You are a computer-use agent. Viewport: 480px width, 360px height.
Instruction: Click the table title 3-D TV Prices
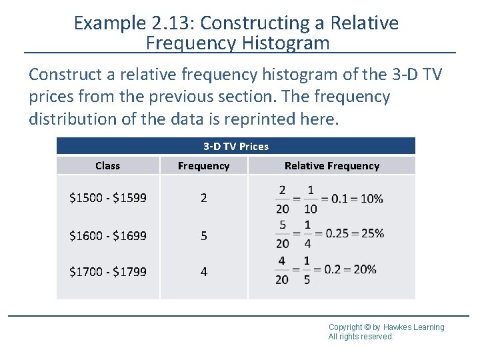click(x=235, y=146)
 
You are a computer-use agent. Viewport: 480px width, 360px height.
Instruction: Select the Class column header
click(x=107, y=165)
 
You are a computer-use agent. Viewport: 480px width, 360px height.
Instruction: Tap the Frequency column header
click(x=203, y=165)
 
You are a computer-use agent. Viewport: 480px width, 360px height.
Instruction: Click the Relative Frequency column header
click(x=331, y=165)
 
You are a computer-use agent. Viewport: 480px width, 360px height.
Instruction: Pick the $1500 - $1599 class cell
click(x=108, y=199)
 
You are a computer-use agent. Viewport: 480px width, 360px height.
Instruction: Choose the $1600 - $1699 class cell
click(x=108, y=235)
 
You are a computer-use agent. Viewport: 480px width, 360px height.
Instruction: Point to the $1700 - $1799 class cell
click(x=108, y=271)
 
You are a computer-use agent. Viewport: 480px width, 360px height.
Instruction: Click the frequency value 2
click(x=203, y=199)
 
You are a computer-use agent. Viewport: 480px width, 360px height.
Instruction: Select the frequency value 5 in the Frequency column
click(x=203, y=235)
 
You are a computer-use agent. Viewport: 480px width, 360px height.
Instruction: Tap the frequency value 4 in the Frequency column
click(x=203, y=271)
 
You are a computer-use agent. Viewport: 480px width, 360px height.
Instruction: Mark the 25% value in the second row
click(x=371, y=234)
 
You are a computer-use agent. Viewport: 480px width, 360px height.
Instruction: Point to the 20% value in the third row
click(x=364, y=269)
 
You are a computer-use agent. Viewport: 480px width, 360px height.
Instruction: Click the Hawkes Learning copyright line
click(x=386, y=327)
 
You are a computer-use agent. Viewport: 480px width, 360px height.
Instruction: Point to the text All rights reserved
click(x=361, y=337)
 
